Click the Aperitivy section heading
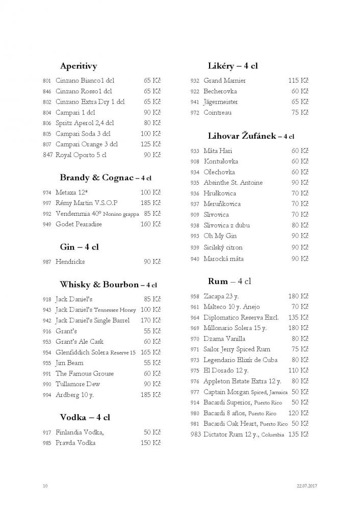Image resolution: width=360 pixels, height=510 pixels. pos(79,66)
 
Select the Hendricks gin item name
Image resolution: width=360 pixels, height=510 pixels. pos(70,262)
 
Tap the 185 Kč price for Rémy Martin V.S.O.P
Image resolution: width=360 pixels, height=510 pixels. pos(150,203)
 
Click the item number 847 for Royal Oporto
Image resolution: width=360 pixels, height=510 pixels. pos(48,155)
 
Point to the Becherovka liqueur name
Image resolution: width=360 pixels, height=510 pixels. pos(220,91)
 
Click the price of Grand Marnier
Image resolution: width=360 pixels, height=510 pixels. pos(298,81)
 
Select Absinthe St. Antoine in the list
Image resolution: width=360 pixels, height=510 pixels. pos(226,183)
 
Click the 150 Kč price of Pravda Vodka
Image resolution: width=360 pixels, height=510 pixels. pos(150,443)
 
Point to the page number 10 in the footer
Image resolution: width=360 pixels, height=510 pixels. pos(45,486)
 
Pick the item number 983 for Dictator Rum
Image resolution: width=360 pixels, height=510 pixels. pos(195,435)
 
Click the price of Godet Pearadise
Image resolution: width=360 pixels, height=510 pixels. pos(150,224)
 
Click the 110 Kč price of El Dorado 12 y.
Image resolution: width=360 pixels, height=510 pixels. pos(298,371)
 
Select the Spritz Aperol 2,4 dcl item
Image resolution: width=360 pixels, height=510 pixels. pos(85,123)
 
